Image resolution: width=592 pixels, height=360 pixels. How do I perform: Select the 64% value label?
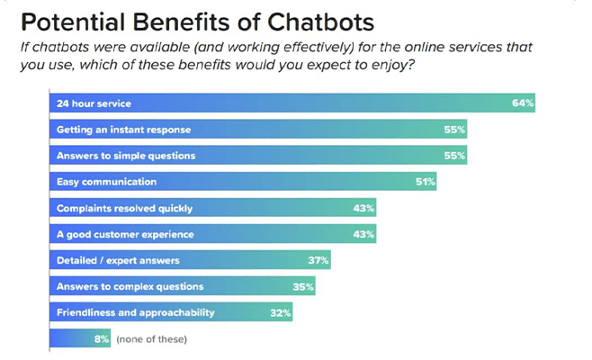click(523, 103)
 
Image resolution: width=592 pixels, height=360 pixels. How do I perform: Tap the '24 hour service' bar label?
click(94, 104)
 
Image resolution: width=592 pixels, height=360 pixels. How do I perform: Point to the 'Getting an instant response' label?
click(123, 130)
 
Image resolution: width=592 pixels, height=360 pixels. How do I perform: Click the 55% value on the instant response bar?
click(454, 130)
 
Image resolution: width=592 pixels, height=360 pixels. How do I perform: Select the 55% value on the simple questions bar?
click(454, 157)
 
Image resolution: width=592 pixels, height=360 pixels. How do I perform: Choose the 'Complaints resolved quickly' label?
click(124, 209)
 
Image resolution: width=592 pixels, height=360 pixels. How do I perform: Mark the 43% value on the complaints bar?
click(364, 209)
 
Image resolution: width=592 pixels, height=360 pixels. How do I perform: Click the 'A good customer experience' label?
click(124, 235)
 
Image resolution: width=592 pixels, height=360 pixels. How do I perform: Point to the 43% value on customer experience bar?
click(364, 235)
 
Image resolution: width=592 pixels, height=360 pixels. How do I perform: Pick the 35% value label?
click(303, 287)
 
